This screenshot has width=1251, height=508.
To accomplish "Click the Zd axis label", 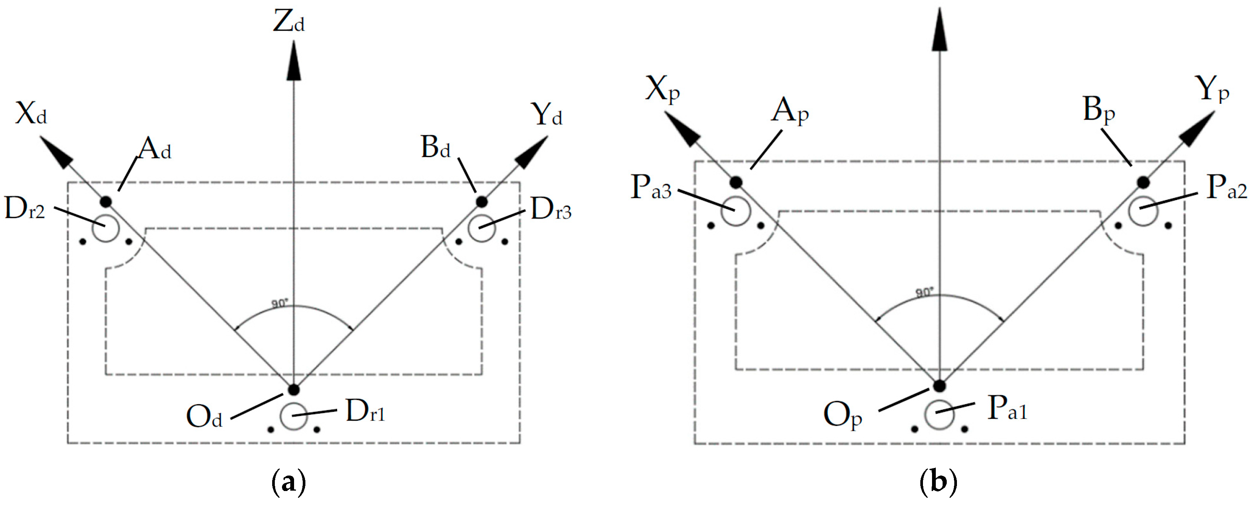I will pos(289,22).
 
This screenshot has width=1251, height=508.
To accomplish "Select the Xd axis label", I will pos(31,114).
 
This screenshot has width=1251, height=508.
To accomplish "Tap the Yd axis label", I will pos(547,115).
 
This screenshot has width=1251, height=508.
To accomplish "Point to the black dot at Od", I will pos(294,389).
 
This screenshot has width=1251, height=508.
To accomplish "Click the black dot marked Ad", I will pos(106,202).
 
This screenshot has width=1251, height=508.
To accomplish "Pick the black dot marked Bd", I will pos(481,202).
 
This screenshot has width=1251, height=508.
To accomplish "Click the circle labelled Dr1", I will pos(294,416).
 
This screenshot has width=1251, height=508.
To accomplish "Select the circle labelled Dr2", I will pos(106,228).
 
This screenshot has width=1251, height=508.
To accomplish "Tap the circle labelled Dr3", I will pos(481,228).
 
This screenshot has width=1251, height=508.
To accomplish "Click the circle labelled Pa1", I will pos(939,415).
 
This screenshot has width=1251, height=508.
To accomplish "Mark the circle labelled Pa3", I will pos(736,211).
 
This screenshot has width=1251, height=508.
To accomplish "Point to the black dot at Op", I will pos(940,386).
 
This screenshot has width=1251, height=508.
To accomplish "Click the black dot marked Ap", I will pos(736,183).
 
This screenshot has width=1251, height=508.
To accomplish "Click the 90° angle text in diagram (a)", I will pos(280,303).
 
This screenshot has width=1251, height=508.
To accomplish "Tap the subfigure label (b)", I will pos(938,482).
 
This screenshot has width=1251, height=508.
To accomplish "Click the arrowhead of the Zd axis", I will pos(294,61).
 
